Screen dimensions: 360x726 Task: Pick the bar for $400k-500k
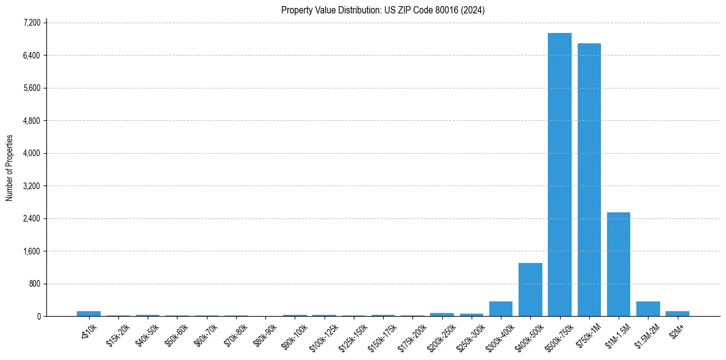(530, 289)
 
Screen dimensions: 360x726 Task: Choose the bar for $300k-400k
(501, 309)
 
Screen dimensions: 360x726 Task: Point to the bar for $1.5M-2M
(648, 309)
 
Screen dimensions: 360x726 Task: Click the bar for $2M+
(677, 314)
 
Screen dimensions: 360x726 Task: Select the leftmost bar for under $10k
(89, 314)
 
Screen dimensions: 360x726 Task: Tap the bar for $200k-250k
(442, 314)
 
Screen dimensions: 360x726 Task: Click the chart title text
(383, 10)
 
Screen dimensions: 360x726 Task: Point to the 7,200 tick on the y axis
(31, 23)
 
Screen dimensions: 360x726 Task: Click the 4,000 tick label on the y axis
(31, 153)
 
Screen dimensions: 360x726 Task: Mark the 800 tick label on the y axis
(34, 284)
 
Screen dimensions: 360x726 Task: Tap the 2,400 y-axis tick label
(31, 218)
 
